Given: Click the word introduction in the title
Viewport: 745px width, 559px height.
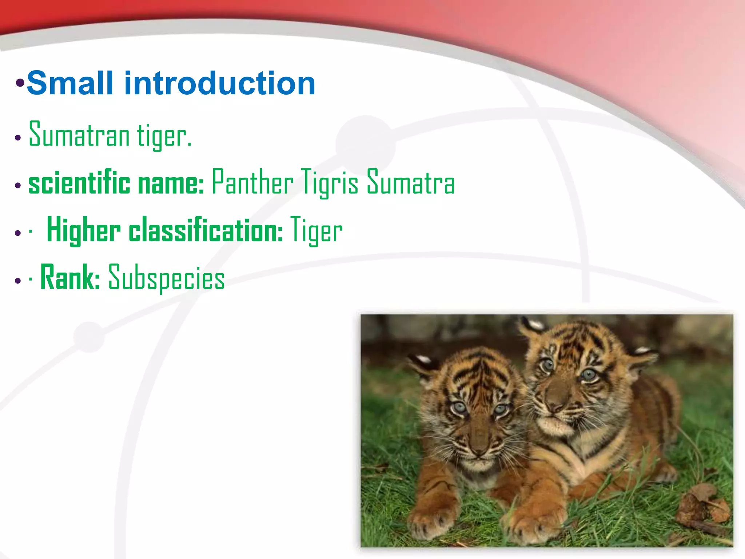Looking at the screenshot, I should pyautogui.click(x=220, y=84).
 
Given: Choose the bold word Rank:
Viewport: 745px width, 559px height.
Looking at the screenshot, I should pyautogui.click(x=70, y=278).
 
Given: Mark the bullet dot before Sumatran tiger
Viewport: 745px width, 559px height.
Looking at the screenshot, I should pyautogui.click(x=18, y=138).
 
